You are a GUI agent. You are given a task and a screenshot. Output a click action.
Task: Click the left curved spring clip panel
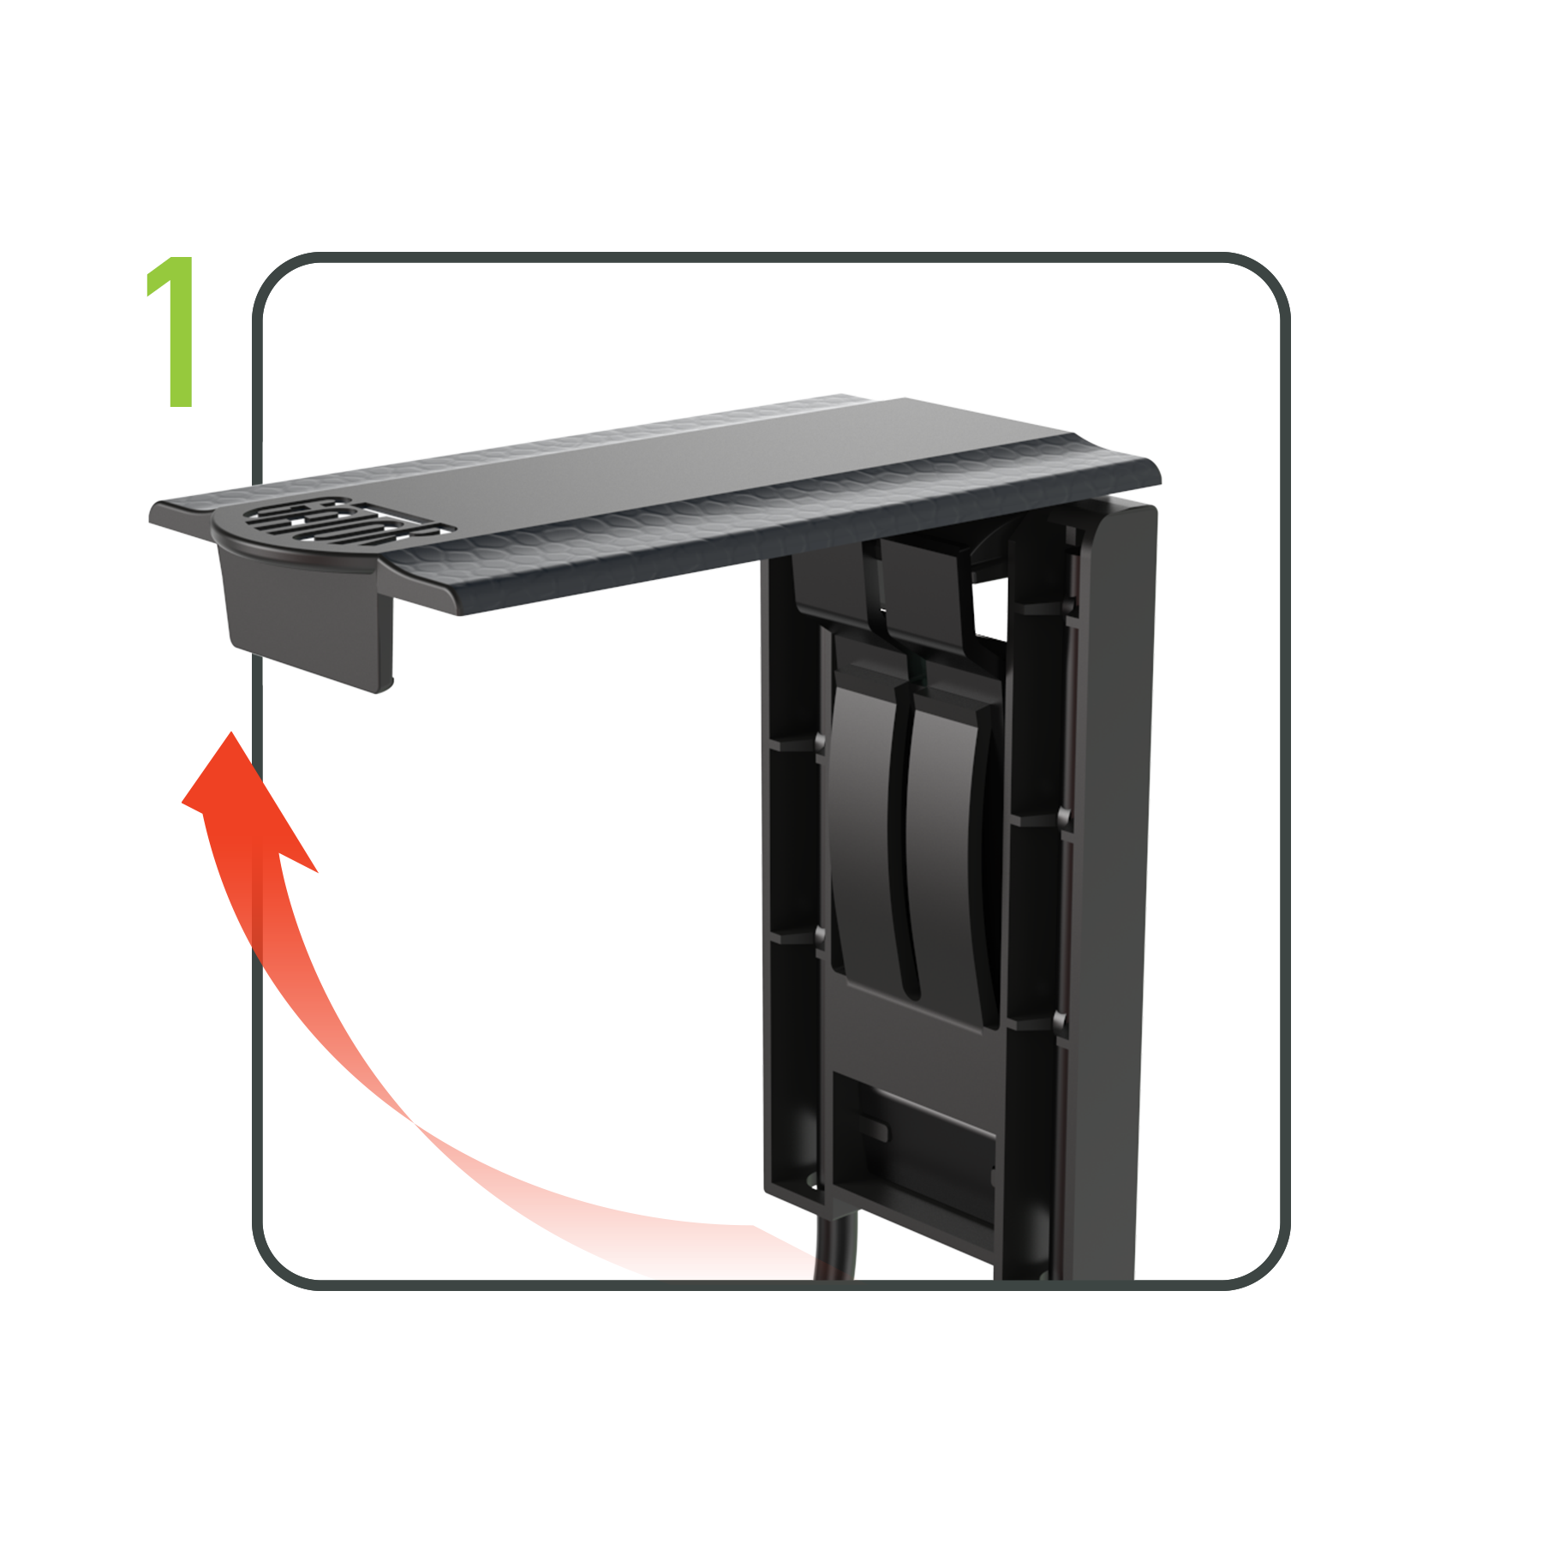tap(861, 822)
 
